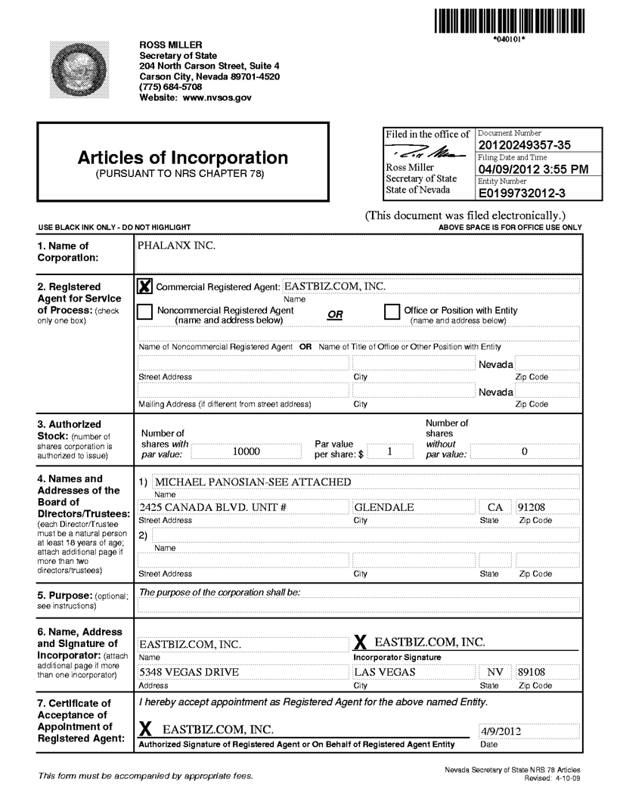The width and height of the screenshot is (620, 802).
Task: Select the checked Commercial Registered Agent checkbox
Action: (145, 286)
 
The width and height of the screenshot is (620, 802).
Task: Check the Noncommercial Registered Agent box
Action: (145, 311)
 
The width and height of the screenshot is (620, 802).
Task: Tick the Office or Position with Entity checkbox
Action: (392, 311)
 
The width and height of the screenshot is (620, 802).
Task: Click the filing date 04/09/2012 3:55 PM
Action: (533, 169)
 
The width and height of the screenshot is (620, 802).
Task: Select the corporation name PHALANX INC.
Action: (175, 246)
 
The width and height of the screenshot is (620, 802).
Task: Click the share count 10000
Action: (246, 451)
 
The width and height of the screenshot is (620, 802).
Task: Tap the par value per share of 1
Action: (389, 451)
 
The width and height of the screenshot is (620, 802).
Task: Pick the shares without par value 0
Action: (524, 451)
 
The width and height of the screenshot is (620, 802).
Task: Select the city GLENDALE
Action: (384, 507)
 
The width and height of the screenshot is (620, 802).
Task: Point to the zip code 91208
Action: (534, 507)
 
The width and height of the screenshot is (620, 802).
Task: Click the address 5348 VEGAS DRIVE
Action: (189, 672)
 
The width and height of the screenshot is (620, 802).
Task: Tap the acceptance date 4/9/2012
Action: (501, 731)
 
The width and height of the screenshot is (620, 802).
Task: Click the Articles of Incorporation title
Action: (182, 158)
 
